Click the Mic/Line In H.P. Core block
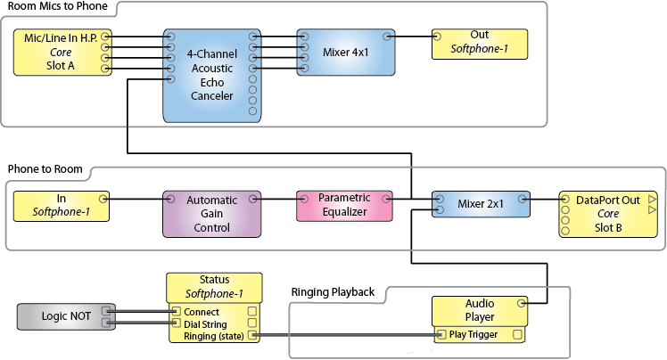pyautogui.click(x=61, y=53)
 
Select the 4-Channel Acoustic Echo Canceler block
pyautogui.click(x=210, y=75)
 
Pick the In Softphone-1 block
pyautogui.click(x=60, y=206)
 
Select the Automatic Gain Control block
pyautogui.click(x=210, y=214)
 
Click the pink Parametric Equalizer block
pyautogui.click(x=343, y=205)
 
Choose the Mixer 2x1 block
pyautogui.click(x=481, y=204)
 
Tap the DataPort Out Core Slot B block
pyautogui.click(x=607, y=214)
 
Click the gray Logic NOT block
pyautogui.click(x=65, y=316)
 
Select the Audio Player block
pyautogui.click(x=480, y=310)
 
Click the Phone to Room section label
pyautogui.click(x=45, y=168)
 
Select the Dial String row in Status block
pyautogui.click(x=207, y=323)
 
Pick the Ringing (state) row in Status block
pyautogui.click(x=213, y=336)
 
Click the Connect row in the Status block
pyautogui.click(x=201, y=312)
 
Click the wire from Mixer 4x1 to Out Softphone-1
pyautogui.click(x=412, y=37)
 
